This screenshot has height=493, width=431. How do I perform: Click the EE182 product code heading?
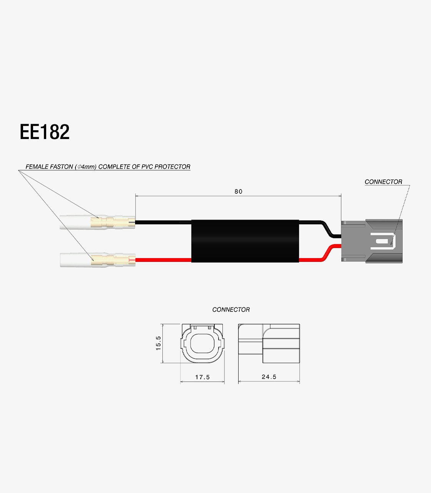pyautogui.click(x=45, y=132)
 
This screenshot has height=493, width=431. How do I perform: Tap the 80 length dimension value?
pyautogui.click(x=238, y=191)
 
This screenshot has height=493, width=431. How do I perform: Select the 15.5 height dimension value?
pyautogui.click(x=158, y=343)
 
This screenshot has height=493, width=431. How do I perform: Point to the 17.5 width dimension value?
pyautogui.click(x=202, y=377)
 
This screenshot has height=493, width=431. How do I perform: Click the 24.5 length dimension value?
pyautogui.click(x=269, y=377)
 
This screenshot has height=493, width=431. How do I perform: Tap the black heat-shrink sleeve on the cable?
pyautogui.click(x=245, y=241)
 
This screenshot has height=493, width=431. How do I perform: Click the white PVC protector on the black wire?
pyautogui.click(x=75, y=223)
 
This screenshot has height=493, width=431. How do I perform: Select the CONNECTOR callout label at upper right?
pyautogui.click(x=383, y=182)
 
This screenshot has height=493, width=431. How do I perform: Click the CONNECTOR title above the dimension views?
pyautogui.click(x=231, y=309)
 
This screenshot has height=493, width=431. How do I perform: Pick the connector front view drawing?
pyautogui.click(x=202, y=343)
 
